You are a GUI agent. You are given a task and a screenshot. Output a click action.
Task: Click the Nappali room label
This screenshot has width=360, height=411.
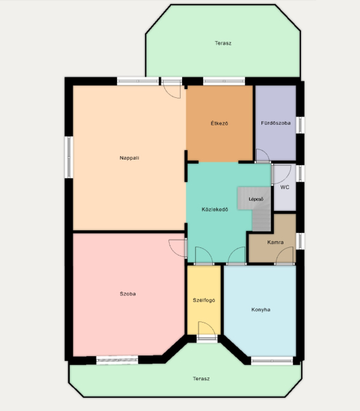click(129, 158)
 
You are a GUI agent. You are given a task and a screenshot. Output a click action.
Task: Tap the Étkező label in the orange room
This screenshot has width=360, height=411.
click(220, 123)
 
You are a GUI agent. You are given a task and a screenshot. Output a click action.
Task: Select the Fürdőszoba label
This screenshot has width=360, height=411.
click(276, 123)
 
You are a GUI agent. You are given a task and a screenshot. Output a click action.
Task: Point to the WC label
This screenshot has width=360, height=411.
click(285, 187)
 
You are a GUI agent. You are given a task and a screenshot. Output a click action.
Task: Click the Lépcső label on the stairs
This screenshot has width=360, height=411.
click(256, 199)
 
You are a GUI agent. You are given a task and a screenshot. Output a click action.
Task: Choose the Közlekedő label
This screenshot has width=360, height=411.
click(215, 210)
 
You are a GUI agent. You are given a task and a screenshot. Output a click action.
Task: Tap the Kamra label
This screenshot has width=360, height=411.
click(275, 242)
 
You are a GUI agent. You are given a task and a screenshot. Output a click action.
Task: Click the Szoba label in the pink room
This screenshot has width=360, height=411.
click(128, 294)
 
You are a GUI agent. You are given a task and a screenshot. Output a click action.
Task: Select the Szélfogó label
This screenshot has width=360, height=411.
click(204, 301)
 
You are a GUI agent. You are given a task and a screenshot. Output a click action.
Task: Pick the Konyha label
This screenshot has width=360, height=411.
click(261, 310)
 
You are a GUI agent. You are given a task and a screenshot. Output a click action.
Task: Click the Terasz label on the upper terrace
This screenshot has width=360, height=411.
click(223, 43)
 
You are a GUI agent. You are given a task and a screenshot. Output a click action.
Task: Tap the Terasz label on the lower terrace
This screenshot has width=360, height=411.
click(201, 379)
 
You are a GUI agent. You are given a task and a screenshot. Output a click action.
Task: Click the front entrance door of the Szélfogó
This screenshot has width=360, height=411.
click(207, 338)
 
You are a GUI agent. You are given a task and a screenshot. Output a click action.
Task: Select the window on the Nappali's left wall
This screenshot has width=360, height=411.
click(69, 157)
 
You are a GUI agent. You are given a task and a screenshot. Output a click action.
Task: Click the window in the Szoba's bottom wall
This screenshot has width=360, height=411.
click(117, 360)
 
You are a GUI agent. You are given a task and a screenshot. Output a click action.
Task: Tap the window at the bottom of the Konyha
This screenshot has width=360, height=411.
click(272, 361)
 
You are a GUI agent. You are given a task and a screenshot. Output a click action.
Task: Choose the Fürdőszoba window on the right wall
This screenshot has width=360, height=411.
click(300, 125)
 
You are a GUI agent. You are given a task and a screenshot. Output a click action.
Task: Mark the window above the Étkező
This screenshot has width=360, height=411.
click(224, 81)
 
